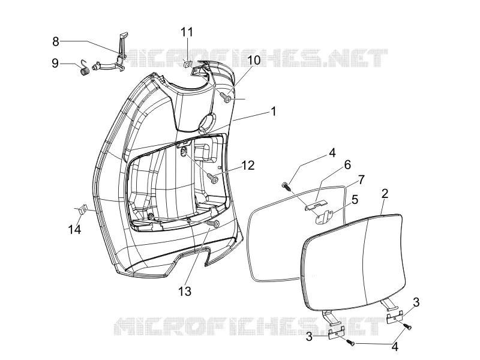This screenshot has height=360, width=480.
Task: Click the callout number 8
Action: point(55,41)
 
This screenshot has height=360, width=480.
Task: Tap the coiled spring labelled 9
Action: point(85,69)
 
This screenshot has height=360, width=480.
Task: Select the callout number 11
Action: point(187,32)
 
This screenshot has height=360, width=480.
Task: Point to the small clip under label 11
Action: point(187,64)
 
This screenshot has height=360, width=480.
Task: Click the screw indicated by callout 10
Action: point(226,98)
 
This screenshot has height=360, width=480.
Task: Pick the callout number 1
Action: point(274,111)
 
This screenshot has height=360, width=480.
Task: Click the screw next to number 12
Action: point(212,177)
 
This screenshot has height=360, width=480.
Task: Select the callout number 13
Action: point(185,291)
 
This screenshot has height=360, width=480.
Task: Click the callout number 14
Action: point(74,229)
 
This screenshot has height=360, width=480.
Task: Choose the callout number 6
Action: point(347,164)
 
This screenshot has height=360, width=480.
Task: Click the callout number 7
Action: point(362,179)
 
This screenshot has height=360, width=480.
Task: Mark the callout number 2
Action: point(385,193)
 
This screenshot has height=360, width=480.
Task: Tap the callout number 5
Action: point(355,200)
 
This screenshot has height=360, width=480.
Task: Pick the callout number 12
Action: point(248,166)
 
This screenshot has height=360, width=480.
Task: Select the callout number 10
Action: point(254,61)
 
